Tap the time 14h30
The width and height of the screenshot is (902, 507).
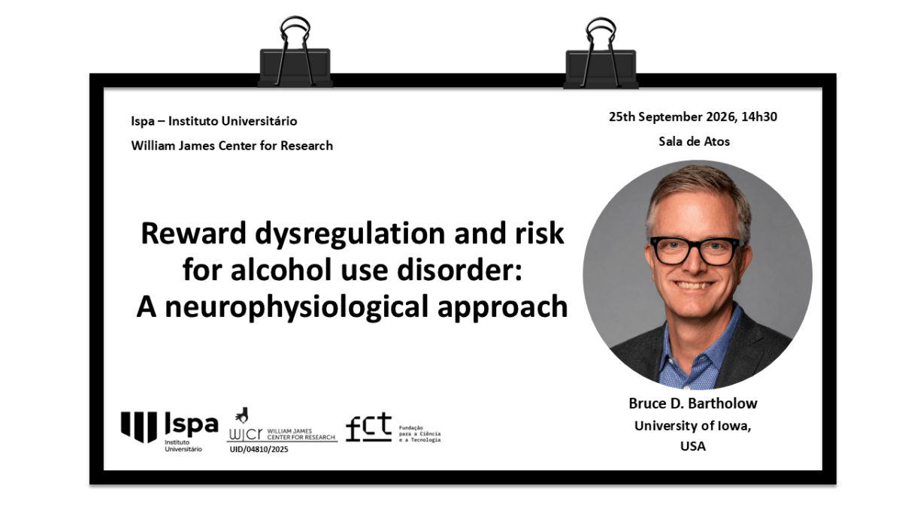coord(759,116)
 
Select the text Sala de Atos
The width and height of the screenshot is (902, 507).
coord(695,142)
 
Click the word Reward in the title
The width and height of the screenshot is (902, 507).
coord(194,234)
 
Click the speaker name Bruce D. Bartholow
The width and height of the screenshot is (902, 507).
coord(693,403)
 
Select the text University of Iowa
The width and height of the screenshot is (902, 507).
coord(692,426)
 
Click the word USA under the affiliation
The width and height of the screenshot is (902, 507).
coord(693,446)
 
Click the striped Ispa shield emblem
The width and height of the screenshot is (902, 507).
coord(139,427)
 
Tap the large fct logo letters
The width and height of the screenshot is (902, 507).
coord(369,427)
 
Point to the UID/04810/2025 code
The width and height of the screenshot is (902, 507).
coord(259,449)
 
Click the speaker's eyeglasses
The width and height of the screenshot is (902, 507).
coord(697,251)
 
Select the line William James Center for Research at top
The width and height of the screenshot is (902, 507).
coord(232,146)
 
